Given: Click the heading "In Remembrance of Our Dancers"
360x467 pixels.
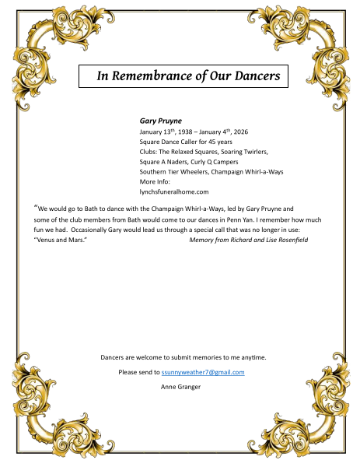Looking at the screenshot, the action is pyautogui.click(x=183, y=76).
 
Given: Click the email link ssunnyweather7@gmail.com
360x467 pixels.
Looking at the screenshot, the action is pyautogui.click(x=203, y=372).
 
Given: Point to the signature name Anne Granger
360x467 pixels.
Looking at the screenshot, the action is pyautogui.click(x=180, y=386).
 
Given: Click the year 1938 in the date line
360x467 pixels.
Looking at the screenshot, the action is pyautogui.click(x=185, y=132).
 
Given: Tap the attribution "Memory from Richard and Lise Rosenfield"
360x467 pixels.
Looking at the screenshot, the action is pyautogui.click(x=249, y=240).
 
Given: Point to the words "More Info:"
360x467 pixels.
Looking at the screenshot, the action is pyautogui.click(x=155, y=181).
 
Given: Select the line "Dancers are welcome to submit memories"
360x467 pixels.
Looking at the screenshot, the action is pyautogui.click(x=183, y=357).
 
